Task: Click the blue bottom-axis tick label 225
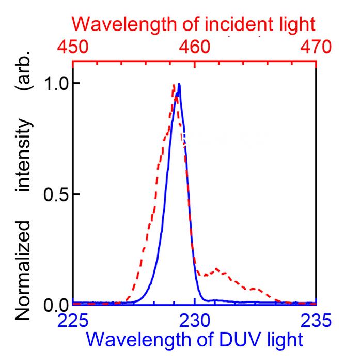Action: click(x=73, y=321)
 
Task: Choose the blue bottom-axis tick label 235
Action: click(x=316, y=321)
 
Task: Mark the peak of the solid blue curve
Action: click(x=179, y=84)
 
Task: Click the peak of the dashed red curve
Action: click(x=174, y=85)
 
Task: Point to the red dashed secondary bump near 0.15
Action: click(x=217, y=269)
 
